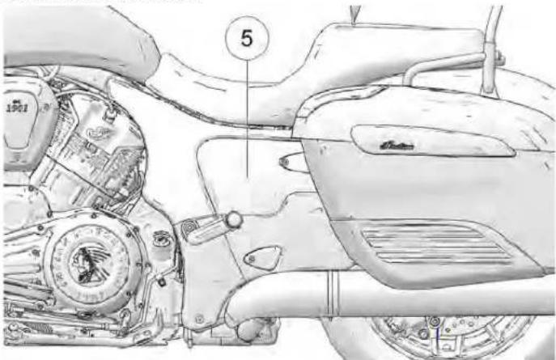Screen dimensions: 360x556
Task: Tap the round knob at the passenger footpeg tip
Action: [235, 218]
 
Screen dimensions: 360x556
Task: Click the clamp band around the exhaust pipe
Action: [332, 293]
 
